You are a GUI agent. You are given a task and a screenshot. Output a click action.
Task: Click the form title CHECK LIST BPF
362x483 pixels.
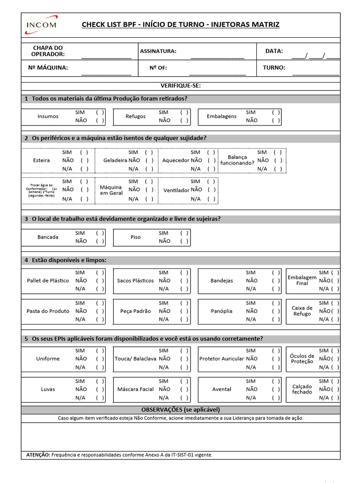click(181, 25)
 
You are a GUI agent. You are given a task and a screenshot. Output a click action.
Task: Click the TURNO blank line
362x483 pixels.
click(315, 74)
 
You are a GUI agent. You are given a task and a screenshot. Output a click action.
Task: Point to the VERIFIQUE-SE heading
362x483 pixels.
click(181, 86)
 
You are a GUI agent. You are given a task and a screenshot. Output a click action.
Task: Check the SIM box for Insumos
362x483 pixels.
click(100, 112)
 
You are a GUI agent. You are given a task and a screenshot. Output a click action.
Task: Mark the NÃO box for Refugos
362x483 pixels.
click(184, 120)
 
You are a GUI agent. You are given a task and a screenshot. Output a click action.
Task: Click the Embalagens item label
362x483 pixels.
click(222, 117)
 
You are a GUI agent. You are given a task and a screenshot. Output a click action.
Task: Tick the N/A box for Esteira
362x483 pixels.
click(84, 168)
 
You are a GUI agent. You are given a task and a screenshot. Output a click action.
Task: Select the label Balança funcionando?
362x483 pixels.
click(237, 160)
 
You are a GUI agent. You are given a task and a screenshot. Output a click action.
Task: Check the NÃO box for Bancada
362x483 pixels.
click(100, 241)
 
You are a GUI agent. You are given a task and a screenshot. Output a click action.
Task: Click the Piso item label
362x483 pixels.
click(135, 237)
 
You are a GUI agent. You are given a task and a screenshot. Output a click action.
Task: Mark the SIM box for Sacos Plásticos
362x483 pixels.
click(184, 273)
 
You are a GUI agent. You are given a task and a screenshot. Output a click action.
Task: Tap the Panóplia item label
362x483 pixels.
click(222, 311)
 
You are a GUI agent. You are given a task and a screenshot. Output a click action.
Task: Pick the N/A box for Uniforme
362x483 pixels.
click(100, 367)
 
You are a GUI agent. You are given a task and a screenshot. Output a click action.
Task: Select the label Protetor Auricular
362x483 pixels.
click(222, 359)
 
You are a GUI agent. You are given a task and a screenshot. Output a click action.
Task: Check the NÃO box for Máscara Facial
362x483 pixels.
click(184, 389)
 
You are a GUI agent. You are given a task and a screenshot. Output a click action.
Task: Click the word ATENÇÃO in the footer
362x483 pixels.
click(38, 455)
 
